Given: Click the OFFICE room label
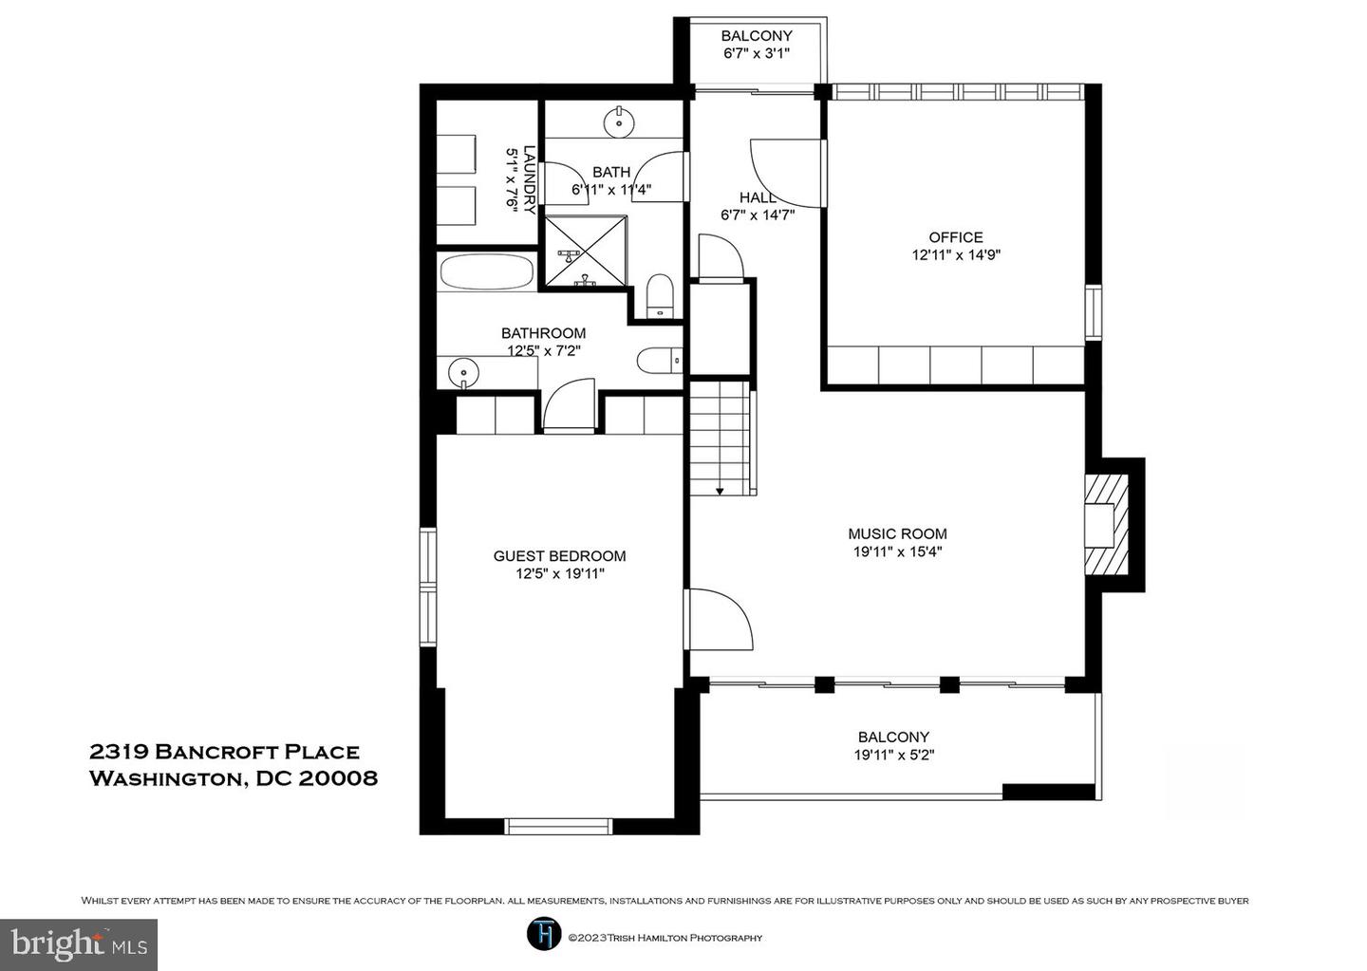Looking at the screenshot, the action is [956, 237].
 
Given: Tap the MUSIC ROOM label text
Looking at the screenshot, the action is [897, 534].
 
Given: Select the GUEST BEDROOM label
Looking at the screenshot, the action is [560, 556].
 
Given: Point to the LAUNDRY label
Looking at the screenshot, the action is [529, 179].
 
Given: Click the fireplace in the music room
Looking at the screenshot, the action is [1105, 525].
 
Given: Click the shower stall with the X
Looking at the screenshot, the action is [585, 251].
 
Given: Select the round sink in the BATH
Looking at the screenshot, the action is [619, 122].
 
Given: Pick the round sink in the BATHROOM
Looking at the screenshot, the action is [464, 372].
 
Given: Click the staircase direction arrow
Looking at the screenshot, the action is [720, 490].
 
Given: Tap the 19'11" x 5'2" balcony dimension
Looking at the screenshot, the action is [894, 755].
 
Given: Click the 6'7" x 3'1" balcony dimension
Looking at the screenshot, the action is [757, 53].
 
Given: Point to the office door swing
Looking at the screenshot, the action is [786, 174].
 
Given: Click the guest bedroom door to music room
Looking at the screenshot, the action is [719, 619].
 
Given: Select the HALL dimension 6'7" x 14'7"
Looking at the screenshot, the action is [758, 215].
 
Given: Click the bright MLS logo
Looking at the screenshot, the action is [79, 944].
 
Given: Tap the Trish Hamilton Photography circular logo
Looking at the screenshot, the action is [544, 935].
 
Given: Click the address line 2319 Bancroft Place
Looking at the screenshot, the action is [225, 752].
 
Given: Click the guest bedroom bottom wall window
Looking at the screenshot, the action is [558, 827].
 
